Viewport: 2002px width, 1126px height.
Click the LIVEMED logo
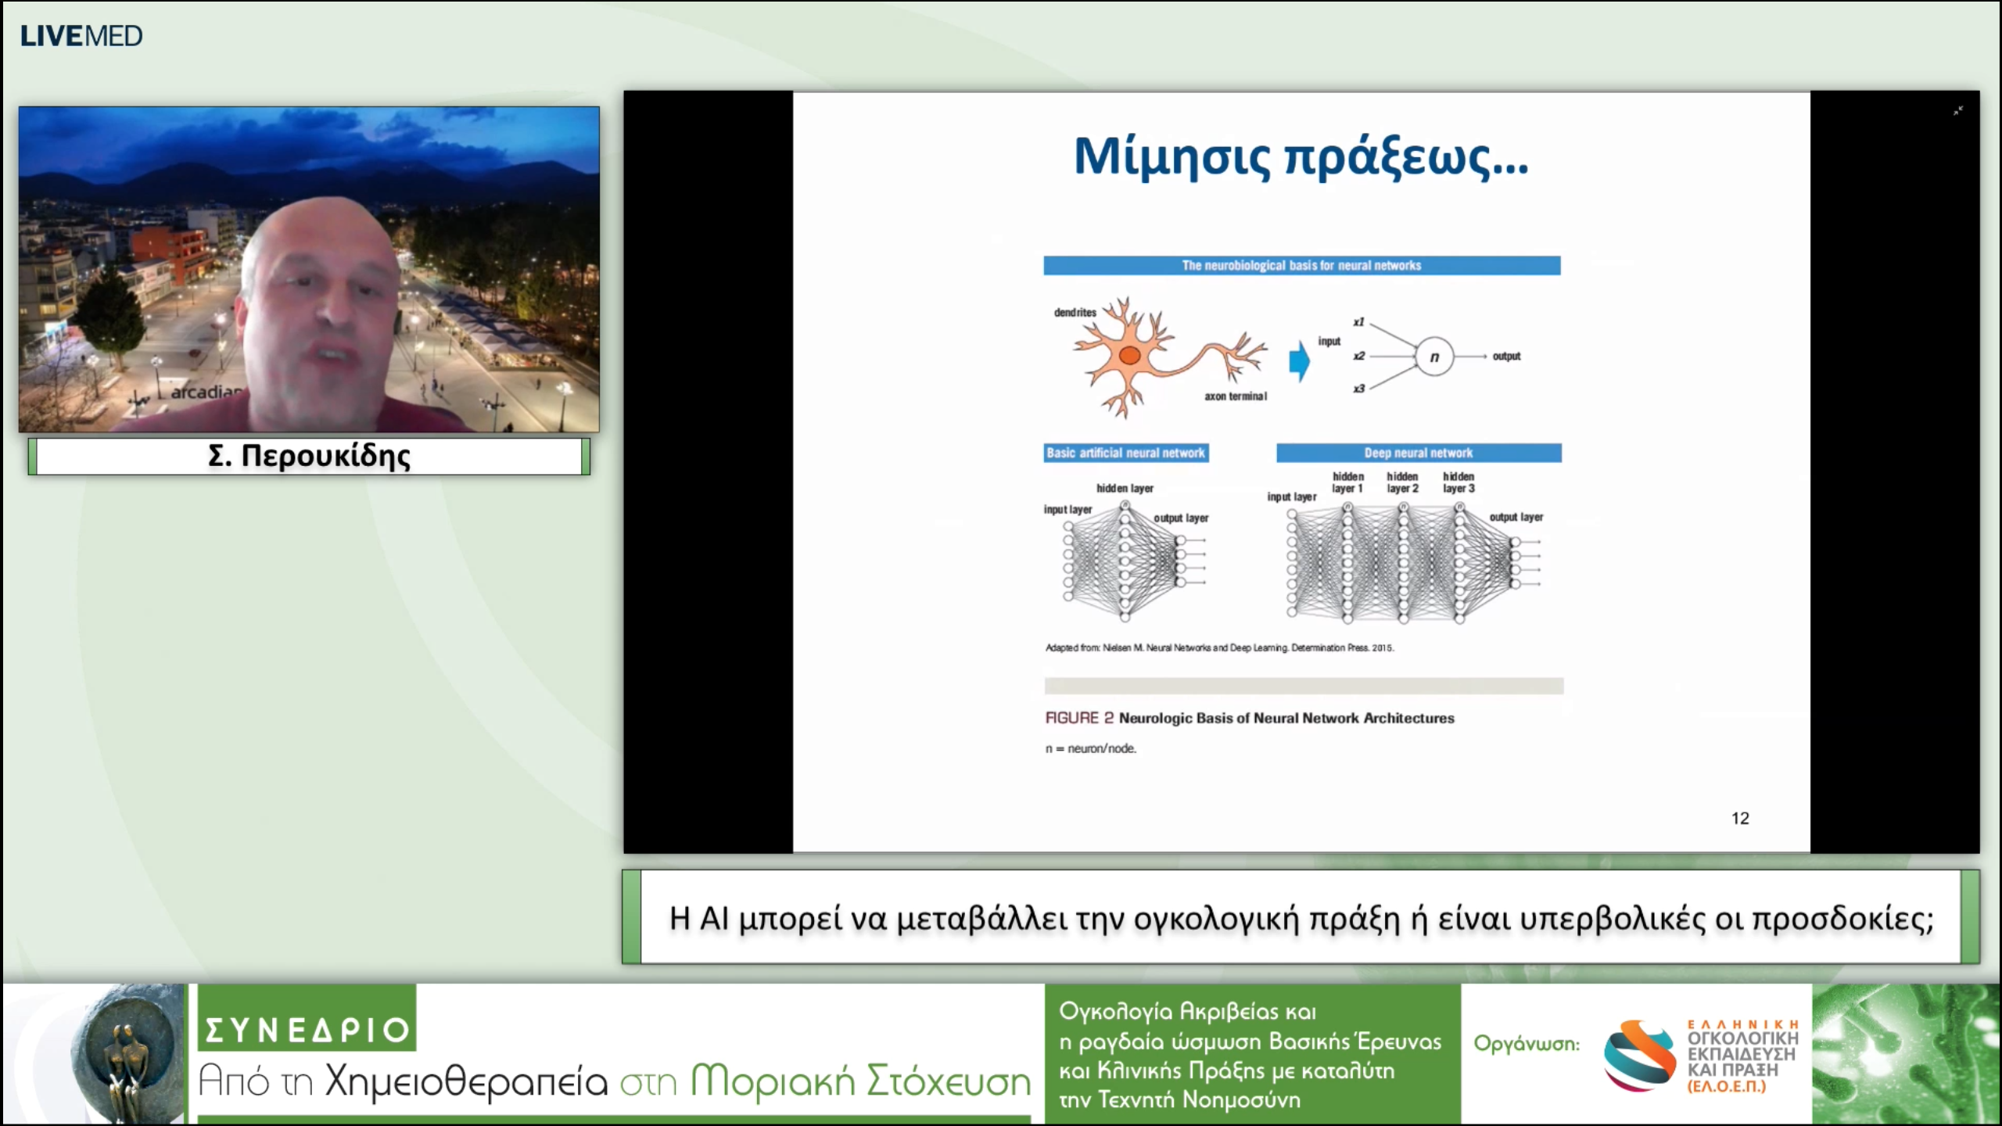(x=81, y=36)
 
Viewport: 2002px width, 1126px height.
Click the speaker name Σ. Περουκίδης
(x=309, y=456)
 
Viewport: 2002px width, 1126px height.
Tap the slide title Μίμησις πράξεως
(x=1301, y=157)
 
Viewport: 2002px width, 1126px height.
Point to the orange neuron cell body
(x=1128, y=357)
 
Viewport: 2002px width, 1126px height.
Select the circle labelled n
(x=1433, y=357)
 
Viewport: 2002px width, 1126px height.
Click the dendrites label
(x=1075, y=313)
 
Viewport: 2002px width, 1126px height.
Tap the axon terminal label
(x=1235, y=396)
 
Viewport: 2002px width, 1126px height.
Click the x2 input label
(x=1359, y=356)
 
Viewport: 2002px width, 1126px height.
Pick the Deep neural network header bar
(x=1419, y=453)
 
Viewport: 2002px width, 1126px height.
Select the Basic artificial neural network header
(x=1125, y=453)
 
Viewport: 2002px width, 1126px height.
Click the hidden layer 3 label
(x=1458, y=482)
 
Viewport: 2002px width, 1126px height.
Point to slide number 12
(x=1740, y=818)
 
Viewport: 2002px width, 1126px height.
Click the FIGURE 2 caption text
(x=1249, y=718)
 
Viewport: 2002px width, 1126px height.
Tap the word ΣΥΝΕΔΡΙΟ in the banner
(x=307, y=1030)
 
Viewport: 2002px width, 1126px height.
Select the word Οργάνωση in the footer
(x=1526, y=1044)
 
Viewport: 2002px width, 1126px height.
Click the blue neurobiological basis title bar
(x=1301, y=266)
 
